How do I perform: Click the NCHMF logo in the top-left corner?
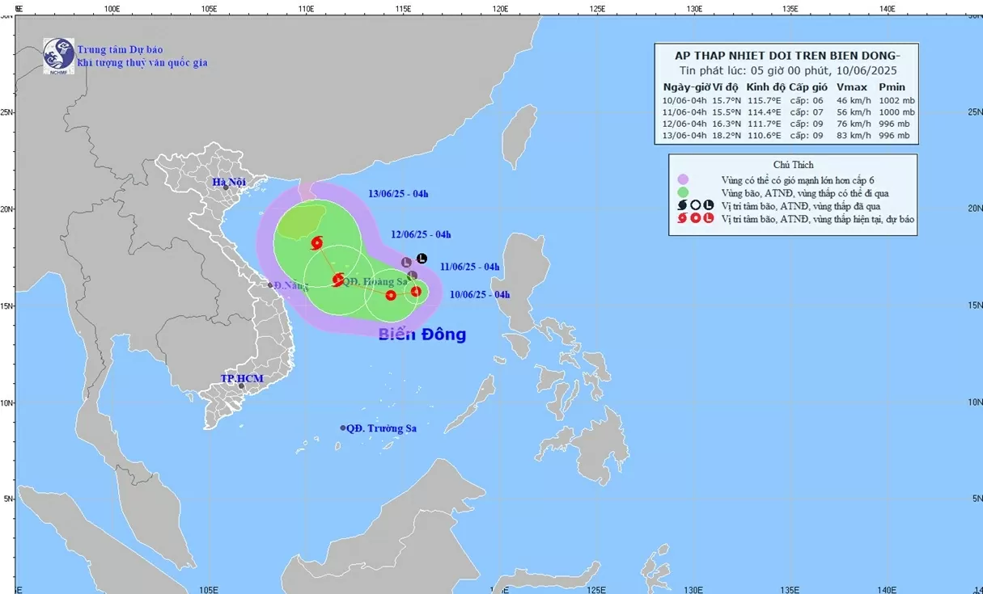58,56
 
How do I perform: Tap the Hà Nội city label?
229,182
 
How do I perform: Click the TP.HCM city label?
242,378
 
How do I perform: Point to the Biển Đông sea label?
422,334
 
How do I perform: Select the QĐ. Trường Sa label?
386,428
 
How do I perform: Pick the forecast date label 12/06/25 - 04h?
420,234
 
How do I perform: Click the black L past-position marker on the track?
422,259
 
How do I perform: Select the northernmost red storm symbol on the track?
316,242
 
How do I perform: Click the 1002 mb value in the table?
896,100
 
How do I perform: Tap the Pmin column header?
892,87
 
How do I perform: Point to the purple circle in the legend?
684,179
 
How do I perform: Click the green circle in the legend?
684,192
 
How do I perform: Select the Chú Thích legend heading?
793,165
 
